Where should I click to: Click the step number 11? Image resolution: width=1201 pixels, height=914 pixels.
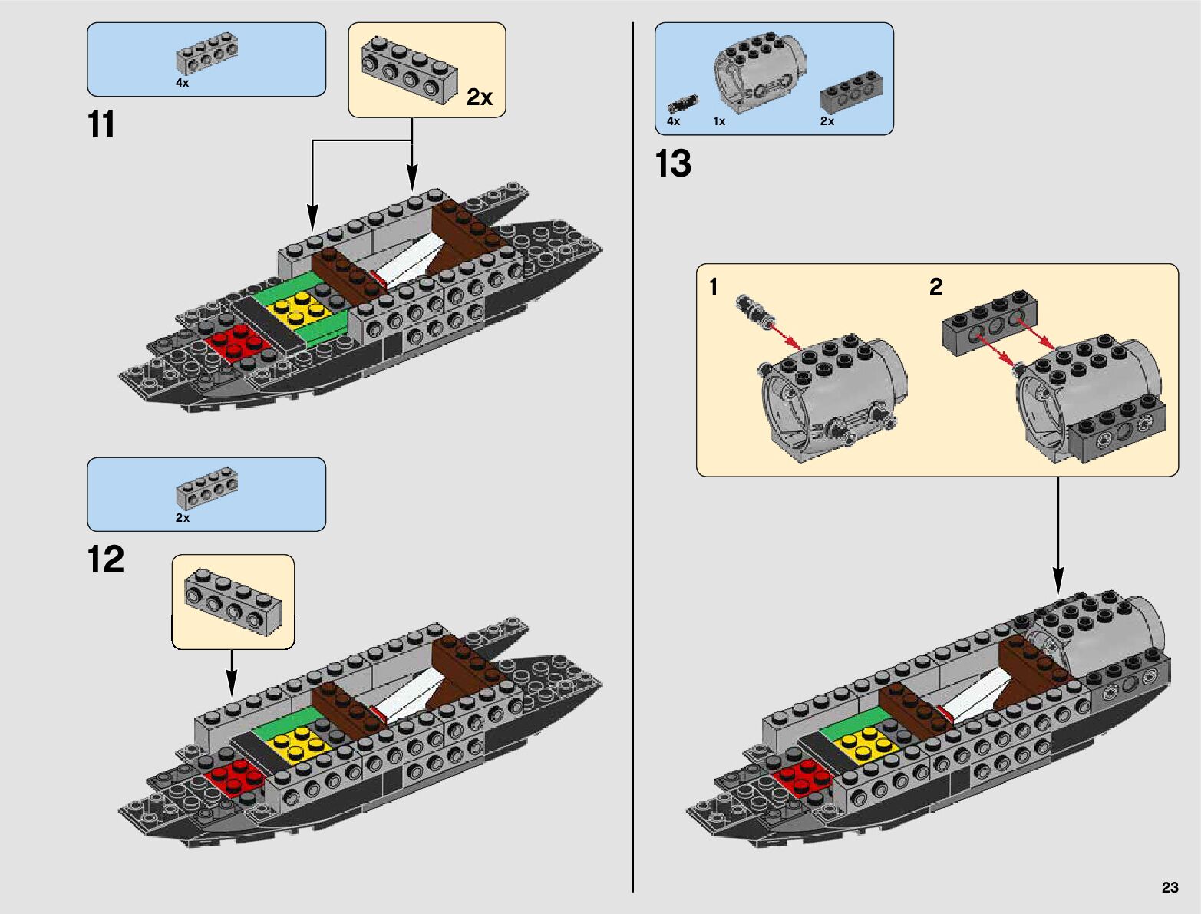[101, 125]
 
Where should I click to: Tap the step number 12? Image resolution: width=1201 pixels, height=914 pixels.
[106, 559]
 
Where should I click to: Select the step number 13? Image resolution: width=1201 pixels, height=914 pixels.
[673, 164]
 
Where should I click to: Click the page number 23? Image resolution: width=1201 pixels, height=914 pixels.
[1170, 887]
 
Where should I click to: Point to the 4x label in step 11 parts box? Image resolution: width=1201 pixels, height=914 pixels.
[182, 83]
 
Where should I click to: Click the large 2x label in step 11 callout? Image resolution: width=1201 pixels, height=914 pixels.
[480, 97]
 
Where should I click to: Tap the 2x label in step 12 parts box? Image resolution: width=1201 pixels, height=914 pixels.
[182, 518]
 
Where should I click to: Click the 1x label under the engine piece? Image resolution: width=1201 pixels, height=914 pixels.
[719, 121]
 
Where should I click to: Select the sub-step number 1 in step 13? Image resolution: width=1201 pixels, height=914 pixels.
[714, 287]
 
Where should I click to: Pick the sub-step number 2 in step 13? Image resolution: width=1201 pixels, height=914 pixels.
[935, 287]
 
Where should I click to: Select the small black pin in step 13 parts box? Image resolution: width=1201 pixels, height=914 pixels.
[682, 104]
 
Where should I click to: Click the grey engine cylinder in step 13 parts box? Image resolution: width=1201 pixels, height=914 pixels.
[760, 71]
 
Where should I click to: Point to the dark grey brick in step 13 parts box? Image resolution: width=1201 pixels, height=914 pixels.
[851, 92]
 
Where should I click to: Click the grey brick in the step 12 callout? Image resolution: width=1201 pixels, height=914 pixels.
[233, 601]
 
